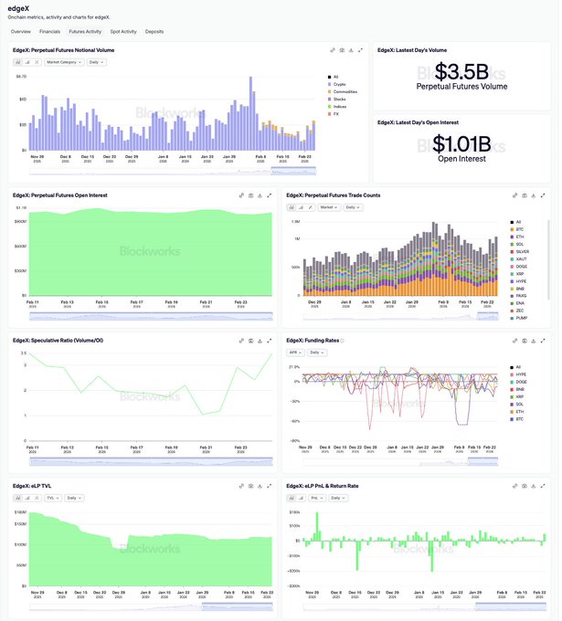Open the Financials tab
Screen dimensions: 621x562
pyautogui.click(x=49, y=31)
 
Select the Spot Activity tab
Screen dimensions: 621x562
pyautogui.click(x=123, y=31)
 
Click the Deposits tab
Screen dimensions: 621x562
pyautogui.click(x=154, y=31)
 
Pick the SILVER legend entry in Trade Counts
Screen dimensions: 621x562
pyautogui.click(x=521, y=252)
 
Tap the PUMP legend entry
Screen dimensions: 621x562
pyautogui.click(x=521, y=318)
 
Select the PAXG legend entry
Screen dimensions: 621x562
pyautogui.click(x=520, y=296)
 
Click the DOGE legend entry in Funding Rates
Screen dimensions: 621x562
pyautogui.click(x=520, y=382)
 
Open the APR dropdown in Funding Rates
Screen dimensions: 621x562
pyautogui.click(x=295, y=352)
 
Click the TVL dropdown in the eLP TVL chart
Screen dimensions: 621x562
pyautogui.click(x=53, y=498)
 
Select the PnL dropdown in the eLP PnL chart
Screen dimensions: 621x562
pyautogui.click(x=316, y=498)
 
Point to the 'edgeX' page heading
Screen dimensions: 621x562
pyautogui.click(x=18, y=8)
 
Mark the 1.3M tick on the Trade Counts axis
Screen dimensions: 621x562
pyautogui.click(x=295, y=221)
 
